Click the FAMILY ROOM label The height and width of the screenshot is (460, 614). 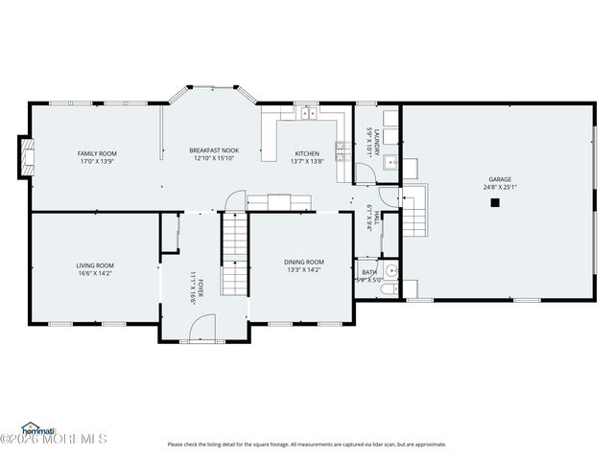[97, 153]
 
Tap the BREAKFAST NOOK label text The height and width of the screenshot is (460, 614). [214, 150]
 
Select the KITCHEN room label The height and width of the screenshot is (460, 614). [307, 153]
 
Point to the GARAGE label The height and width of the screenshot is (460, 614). [499, 179]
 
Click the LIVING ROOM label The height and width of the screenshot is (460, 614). [95, 265]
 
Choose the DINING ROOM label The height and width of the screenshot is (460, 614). [303, 262]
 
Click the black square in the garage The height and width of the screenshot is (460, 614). [495, 202]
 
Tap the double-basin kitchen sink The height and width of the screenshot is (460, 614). [307, 115]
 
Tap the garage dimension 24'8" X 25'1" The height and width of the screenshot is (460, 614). [499, 188]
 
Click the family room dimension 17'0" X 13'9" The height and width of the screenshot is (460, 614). [97, 162]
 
